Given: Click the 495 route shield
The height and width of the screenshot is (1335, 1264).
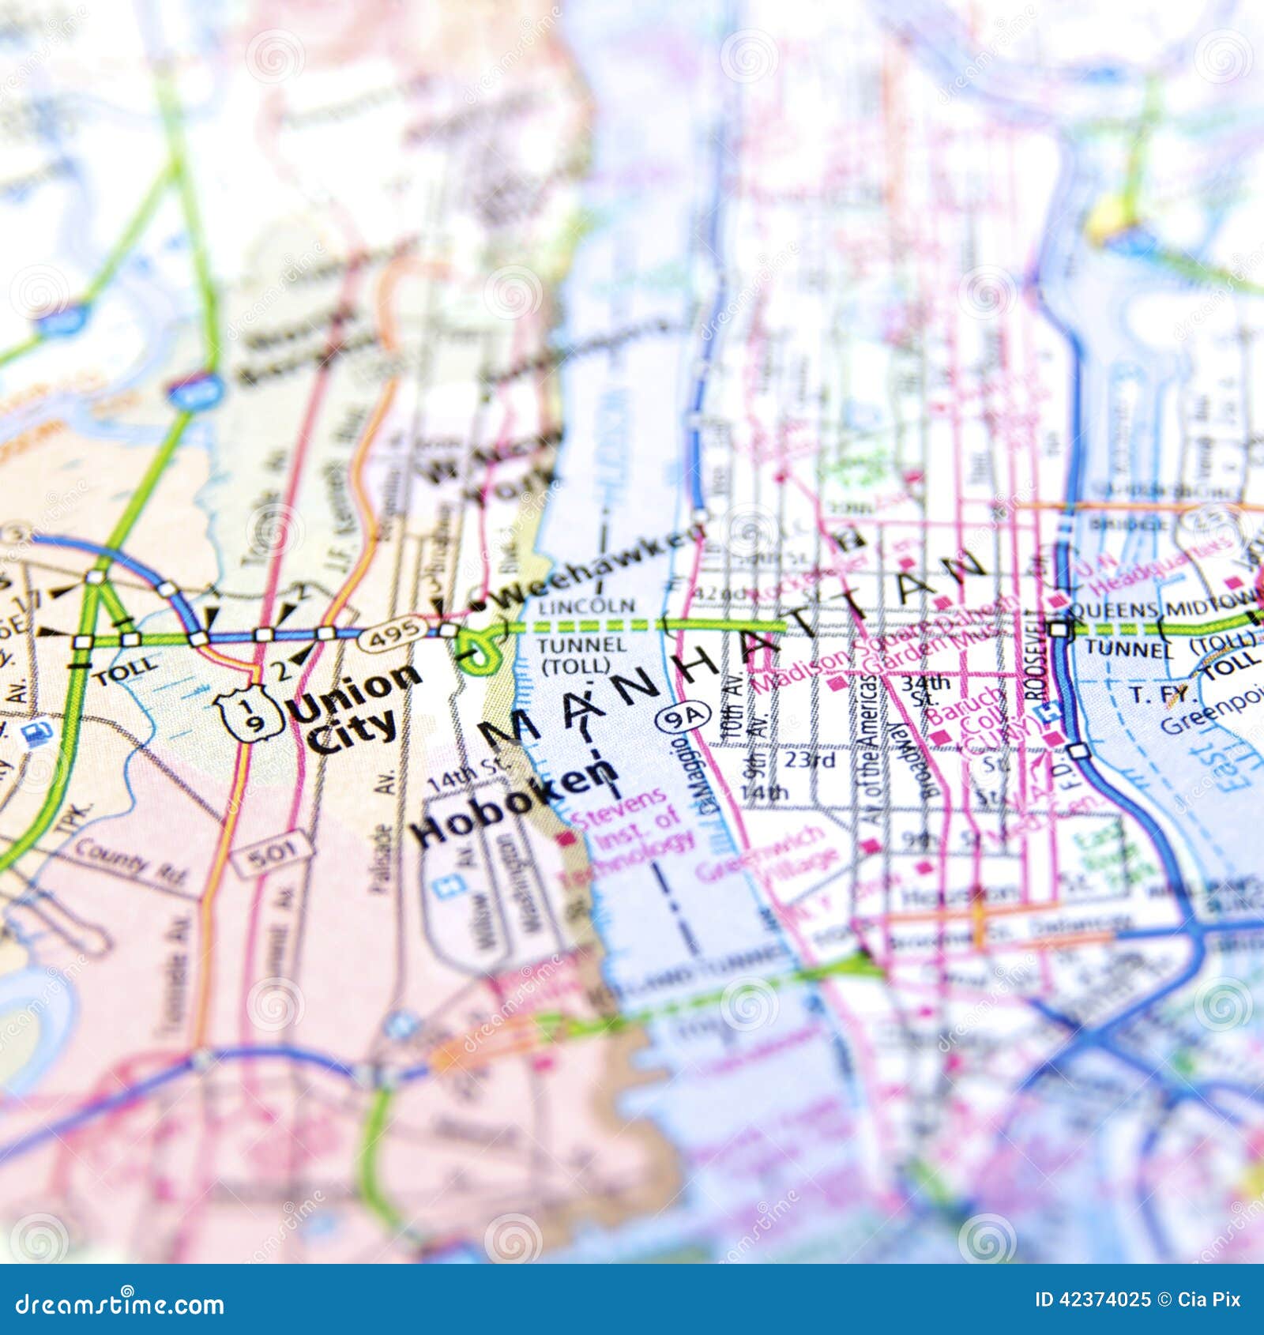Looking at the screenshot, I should (395, 633).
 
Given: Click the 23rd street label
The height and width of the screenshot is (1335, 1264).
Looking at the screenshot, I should (810, 760).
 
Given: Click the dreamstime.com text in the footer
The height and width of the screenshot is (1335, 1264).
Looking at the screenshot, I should (120, 1304).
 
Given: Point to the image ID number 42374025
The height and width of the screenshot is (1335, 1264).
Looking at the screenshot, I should (1093, 1299).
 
